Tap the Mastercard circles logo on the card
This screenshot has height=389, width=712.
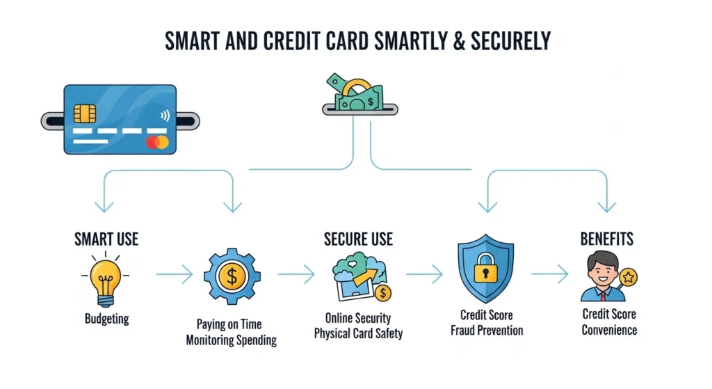click(x=157, y=143)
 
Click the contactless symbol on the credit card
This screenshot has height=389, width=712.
click(x=163, y=116)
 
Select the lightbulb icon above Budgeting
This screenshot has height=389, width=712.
click(x=106, y=280)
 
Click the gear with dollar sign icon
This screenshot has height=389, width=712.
click(x=232, y=276)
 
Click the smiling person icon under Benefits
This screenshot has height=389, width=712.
click(x=601, y=276)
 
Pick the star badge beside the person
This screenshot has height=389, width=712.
click(x=629, y=278)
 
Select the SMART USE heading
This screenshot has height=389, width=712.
click(x=106, y=239)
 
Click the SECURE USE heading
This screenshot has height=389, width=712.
click(x=358, y=239)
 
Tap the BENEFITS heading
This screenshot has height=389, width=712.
click(x=607, y=239)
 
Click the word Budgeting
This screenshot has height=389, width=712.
click(x=106, y=319)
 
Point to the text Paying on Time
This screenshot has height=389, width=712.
click(x=231, y=325)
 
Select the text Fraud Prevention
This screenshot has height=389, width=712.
click(x=487, y=330)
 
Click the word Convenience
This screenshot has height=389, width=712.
click(x=609, y=330)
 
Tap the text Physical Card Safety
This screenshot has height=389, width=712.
click(x=358, y=333)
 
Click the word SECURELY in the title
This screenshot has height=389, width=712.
click(x=505, y=41)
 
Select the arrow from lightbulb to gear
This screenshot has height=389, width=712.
click(x=174, y=276)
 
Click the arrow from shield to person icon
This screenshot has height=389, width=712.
click(x=549, y=274)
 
